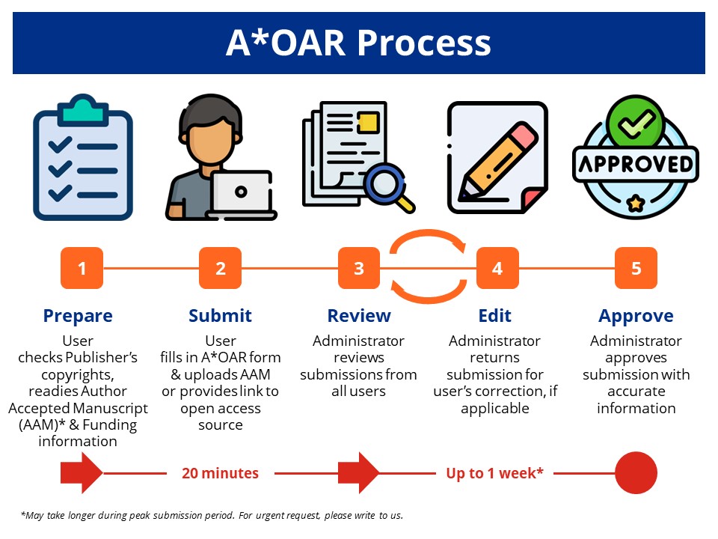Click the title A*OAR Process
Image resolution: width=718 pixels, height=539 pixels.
click(x=358, y=43)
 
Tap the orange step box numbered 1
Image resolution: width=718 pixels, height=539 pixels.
click(x=82, y=268)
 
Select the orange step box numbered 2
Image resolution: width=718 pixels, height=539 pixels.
click(x=221, y=268)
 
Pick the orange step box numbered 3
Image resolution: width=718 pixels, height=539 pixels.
click(x=359, y=268)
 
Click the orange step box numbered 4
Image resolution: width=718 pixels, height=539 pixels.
click(x=497, y=268)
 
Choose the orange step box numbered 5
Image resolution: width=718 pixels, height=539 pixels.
click(x=636, y=268)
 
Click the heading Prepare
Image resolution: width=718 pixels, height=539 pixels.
click(x=78, y=315)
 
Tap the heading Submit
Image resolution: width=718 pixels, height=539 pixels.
click(x=220, y=315)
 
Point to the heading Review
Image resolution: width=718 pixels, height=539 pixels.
click(x=359, y=315)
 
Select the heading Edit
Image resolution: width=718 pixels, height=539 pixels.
click(x=494, y=315)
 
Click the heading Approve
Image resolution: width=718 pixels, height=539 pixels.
click(x=636, y=315)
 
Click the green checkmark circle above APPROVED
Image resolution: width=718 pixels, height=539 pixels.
click(x=635, y=124)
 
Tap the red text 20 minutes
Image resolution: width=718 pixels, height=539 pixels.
click(x=221, y=473)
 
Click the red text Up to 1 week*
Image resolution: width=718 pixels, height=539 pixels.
click(x=494, y=473)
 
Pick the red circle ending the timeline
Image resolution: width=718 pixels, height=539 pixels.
click(x=636, y=473)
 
